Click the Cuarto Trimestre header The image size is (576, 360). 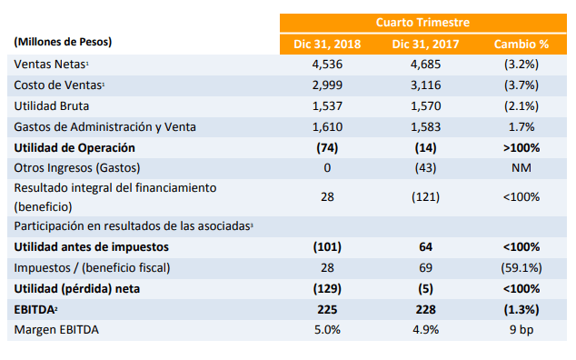(x=422, y=23)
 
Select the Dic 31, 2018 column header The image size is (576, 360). (x=327, y=45)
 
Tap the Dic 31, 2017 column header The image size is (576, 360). (x=425, y=45)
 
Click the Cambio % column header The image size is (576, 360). (x=521, y=45)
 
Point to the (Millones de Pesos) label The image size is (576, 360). (x=63, y=42)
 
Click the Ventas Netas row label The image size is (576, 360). (x=51, y=65)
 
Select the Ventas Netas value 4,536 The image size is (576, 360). (x=327, y=65)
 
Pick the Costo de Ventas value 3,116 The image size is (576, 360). (x=425, y=85)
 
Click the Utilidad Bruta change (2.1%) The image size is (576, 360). (x=521, y=106)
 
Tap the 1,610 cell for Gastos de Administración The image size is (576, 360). (x=327, y=127)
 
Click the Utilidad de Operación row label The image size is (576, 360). (x=74, y=148)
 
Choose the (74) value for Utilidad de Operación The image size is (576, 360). (x=327, y=148)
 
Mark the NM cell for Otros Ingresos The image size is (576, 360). (x=521, y=168)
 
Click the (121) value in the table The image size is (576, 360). (x=425, y=197)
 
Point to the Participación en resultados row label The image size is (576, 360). (x=134, y=225)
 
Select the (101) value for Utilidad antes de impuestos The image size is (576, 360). (x=327, y=246)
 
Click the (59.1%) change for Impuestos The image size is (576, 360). (x=521, y=267)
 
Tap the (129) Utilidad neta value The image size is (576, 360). (x=327, y=289)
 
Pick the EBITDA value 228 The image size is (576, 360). (x=425, y=310)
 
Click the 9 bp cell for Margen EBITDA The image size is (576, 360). (x=521, y=330)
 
